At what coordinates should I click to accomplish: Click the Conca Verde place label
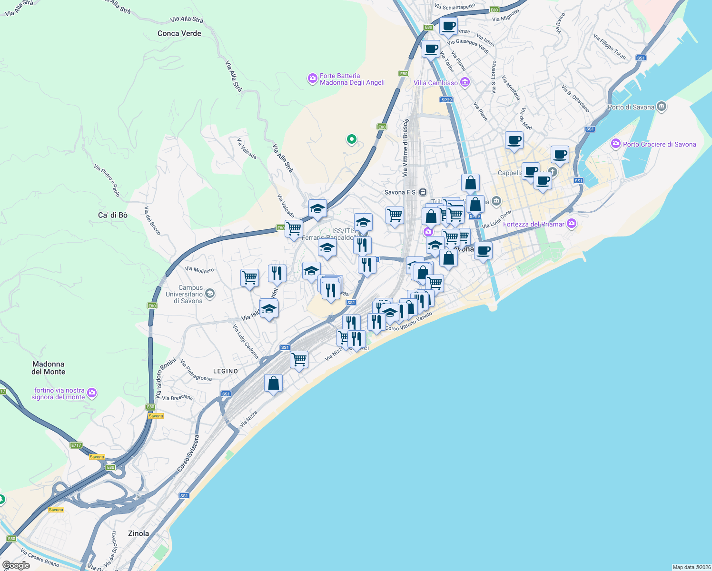tap(179, 33)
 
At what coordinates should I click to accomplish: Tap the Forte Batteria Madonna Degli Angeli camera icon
tap(312, 79)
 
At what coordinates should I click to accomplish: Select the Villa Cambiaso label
tap(435, 83)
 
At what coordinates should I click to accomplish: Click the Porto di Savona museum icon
tap(662, 107)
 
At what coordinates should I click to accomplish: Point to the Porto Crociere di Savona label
tap(659, 144)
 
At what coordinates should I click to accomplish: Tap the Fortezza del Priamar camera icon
tap(572, 224)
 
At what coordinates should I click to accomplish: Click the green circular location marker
tap(351, 139)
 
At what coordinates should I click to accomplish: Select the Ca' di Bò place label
tap(113, 215)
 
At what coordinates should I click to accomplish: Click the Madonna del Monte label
tap(48, 368)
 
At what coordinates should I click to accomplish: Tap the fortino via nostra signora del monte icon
tap(92, 393)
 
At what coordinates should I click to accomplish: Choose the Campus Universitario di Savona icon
tap(210, 294)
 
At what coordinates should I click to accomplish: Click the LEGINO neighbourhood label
tap(226, 371)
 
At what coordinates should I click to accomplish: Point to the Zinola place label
tap(138, 533)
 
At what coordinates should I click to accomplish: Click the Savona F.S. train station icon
tap(423, 192)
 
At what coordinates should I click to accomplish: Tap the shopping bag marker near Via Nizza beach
tap(273, 383)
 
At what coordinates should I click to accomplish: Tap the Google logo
tap(16, 565)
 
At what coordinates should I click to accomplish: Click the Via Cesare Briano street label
tap(40, 558)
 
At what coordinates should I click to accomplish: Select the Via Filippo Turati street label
tap(610, 46)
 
